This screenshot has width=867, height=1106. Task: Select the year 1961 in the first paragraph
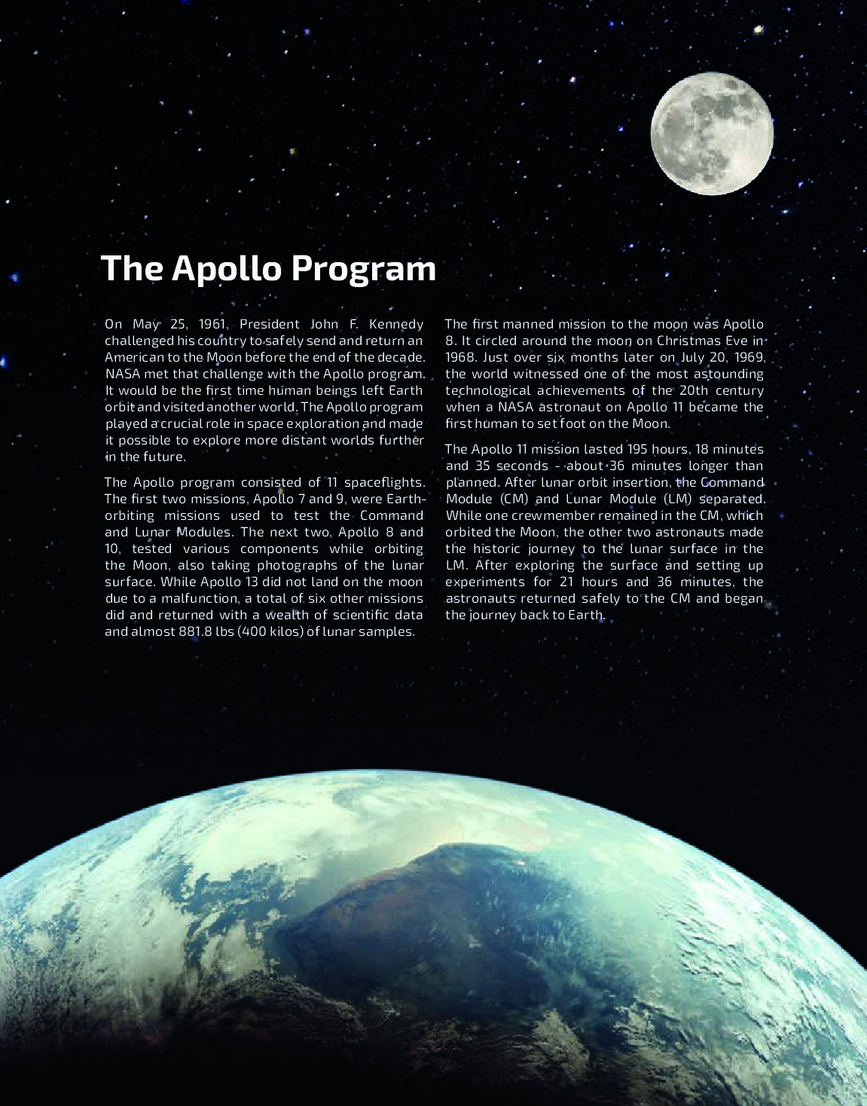[213, 324]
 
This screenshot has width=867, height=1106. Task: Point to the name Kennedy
[396, 324]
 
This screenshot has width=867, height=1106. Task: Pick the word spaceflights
[384, 482]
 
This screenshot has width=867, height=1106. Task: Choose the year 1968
[459, 357]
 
